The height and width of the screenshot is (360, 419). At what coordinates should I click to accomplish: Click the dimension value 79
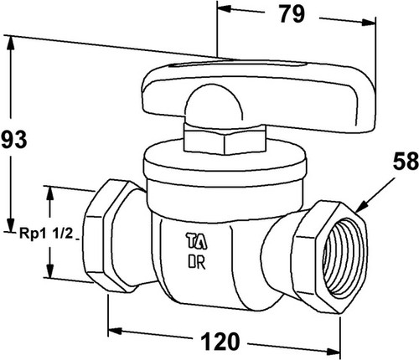(292, 14)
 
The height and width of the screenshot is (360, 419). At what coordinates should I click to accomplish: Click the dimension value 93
(14, 140)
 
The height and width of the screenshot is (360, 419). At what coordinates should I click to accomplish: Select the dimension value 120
(220, 341)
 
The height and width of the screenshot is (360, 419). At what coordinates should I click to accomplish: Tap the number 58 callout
(406, 161)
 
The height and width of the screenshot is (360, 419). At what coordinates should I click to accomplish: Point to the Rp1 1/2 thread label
(46, 234)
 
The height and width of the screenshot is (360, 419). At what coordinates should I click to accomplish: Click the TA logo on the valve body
(197, 241)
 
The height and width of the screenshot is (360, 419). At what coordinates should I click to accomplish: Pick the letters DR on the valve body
(197, 262)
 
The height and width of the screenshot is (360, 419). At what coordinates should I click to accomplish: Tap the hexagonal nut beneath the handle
(225, 139)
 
